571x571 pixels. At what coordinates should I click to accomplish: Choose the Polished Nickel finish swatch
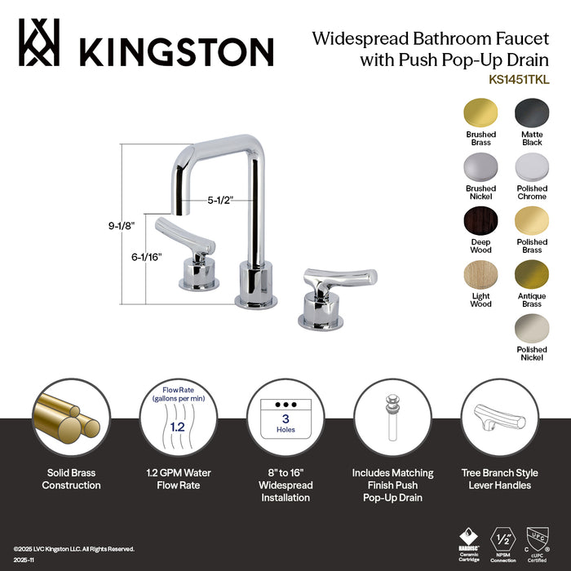[532, 328]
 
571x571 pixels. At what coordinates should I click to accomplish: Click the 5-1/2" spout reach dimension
[220, 197]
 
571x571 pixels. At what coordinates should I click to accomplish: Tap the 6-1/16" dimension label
[147, 256]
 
